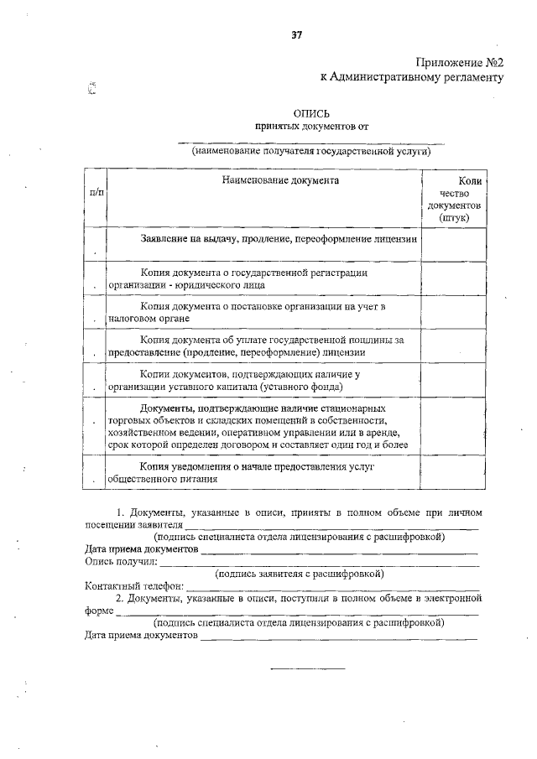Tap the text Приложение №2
coord(459,63)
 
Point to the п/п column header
coord(96,193)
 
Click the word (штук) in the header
coord(453,217)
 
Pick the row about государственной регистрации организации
coord(252,278)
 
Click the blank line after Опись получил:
coord(319,563)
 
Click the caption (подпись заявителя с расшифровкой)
coord(300,574)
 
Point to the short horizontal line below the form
coord(306,668)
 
